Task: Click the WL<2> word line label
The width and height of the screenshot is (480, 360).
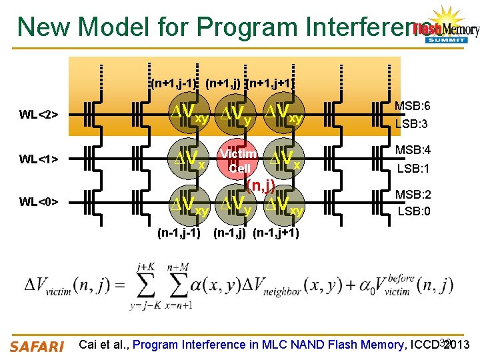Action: (39, 115)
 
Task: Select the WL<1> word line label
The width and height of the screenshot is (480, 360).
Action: (39, 159)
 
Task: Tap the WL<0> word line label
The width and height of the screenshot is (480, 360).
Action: (39, 201)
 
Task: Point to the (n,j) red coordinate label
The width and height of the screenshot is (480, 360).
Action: (261, 185)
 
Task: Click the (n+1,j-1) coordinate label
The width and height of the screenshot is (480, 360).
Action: (173, 84)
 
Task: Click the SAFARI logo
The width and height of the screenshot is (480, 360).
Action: (37, 345)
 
